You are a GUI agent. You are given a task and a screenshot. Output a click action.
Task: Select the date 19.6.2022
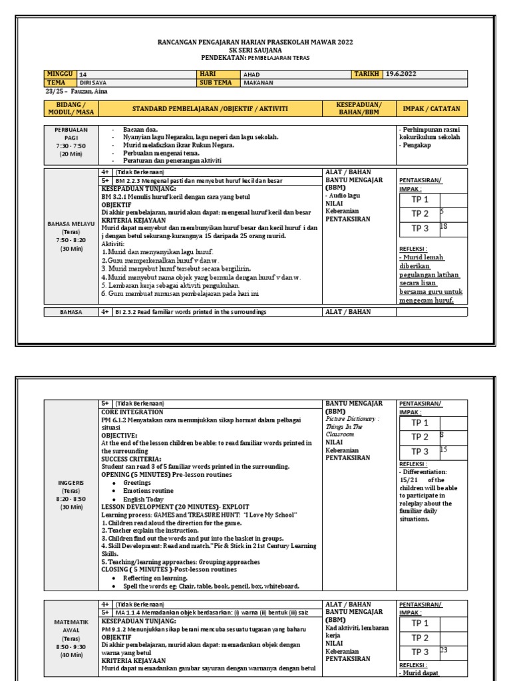[x=401, y=74]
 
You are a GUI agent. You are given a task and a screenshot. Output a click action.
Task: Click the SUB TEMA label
[x=215, y=82]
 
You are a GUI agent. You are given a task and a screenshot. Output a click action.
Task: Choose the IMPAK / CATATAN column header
[x=432, y=108]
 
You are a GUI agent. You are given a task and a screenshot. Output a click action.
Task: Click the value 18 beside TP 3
[x=444, y=227]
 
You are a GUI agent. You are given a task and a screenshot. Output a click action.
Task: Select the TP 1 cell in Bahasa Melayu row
[x=420, y=200]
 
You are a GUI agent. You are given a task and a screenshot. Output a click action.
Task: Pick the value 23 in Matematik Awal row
[x=444, y=650]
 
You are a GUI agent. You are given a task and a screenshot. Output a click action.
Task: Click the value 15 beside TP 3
[x=443, y=450]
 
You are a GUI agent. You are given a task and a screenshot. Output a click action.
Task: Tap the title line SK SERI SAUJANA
[x=255, y=50]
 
